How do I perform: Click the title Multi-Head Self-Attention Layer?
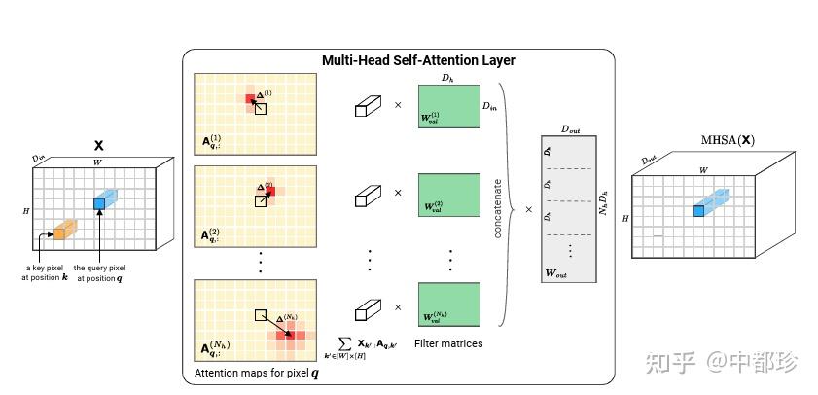[418, 60]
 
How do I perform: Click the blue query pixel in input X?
[98, 203]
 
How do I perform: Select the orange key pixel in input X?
[59, 233]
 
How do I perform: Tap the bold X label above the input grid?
[98, 144]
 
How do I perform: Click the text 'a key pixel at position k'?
[46, 272]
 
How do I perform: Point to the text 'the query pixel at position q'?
[99, 272]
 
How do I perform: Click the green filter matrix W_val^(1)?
[447, 105]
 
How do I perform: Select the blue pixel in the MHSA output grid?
[698, 210]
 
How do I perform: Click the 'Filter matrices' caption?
[447, 343]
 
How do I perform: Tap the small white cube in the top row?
[365, 105]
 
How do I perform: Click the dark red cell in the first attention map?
[250, 98]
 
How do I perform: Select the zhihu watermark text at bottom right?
[733, 363]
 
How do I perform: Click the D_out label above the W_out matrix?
[570, 128]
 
